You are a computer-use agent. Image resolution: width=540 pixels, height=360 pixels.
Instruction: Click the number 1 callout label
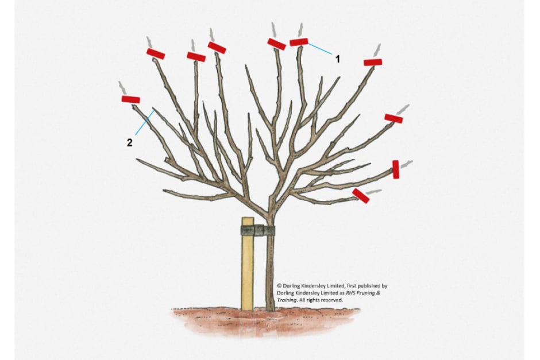(338, 59)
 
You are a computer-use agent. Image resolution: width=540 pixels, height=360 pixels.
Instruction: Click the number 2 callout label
(129, 142)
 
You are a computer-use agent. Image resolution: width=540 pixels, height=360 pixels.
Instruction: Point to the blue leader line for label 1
(320, 49)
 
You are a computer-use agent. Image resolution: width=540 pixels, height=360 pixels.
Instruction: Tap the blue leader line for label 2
(145, 122)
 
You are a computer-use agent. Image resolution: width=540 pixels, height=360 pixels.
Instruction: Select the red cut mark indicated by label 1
(299, 42)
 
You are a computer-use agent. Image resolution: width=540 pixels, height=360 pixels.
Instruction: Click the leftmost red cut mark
(131, 99)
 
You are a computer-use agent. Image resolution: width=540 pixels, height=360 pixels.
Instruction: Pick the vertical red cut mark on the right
(396, 169)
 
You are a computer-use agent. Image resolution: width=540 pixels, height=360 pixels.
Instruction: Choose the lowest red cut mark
(361, 195)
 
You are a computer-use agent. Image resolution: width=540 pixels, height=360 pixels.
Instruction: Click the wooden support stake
(247, 264)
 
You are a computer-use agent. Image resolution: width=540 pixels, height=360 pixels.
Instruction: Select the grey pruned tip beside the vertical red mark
(406, 164)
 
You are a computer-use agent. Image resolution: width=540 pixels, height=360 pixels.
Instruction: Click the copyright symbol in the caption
(279, 286)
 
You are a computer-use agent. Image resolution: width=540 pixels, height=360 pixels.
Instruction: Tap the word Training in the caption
(287, 300)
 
